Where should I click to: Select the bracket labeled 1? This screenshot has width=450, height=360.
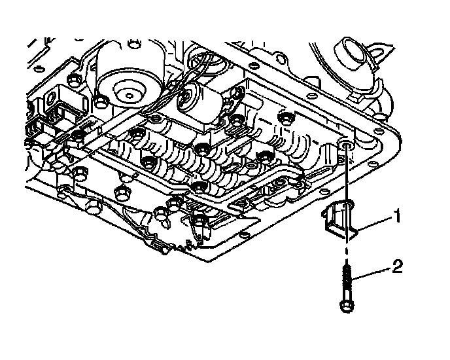[x=341, y=219]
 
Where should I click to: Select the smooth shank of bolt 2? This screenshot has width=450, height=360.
[x=345, y=288]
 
